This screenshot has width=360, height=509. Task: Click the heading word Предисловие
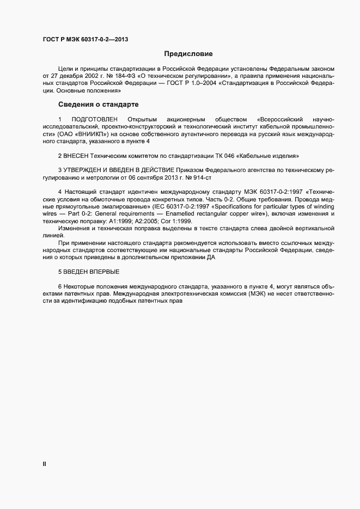(188, 54)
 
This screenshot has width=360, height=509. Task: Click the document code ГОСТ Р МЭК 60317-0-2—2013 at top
(86, 39)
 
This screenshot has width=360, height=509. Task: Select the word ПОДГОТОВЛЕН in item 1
(95, 119)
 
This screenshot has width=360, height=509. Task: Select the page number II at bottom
(44, 464)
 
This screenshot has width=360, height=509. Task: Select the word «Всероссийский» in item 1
(279, 119)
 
